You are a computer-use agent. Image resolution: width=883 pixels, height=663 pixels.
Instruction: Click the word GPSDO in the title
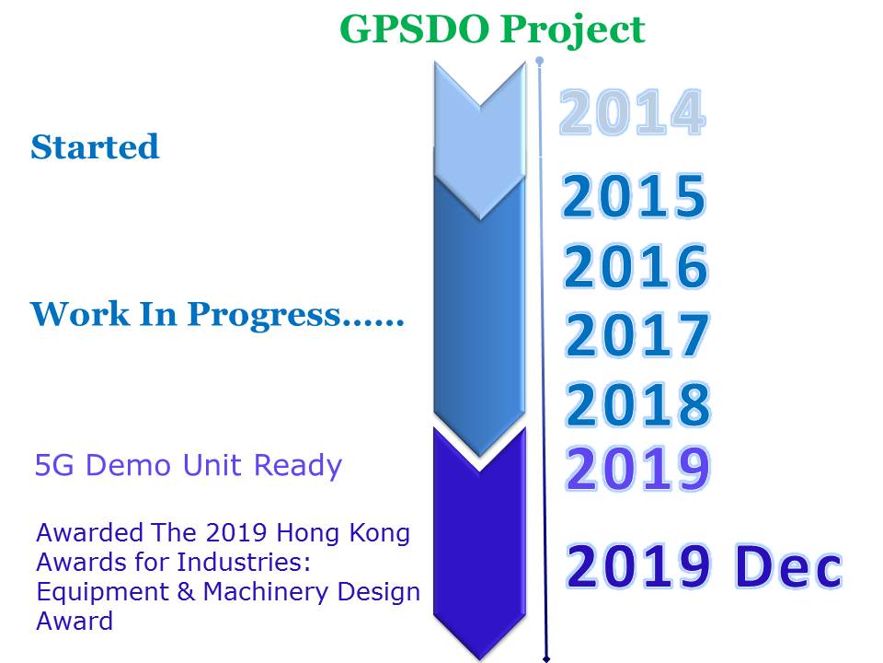(x=415, y=29)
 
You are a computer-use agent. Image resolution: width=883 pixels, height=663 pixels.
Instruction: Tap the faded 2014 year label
(x=632, y=112)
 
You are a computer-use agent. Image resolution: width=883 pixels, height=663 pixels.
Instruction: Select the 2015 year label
(x=634, y=195)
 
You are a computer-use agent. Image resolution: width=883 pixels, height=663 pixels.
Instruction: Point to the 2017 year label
(x=636, y=335)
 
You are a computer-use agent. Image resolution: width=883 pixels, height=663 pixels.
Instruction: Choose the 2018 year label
(x=638, y=403)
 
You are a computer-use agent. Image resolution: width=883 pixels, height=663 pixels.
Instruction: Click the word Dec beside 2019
(x=788, y=566)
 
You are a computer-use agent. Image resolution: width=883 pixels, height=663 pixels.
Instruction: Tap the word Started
(x=95, y=147)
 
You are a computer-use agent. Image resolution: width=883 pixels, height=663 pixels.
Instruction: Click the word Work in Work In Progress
(x=79, y=314)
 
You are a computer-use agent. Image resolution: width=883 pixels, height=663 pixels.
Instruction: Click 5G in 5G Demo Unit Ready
(x=54, y=466)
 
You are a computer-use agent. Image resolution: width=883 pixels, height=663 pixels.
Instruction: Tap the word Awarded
(x=89, y=533)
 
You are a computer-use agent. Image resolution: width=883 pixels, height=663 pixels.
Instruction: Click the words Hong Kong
(x=343, y=534)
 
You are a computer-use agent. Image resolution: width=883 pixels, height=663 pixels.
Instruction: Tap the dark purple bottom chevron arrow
(x=480, y=542)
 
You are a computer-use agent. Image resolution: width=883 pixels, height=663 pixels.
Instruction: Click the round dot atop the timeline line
(x=540, y=61)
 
